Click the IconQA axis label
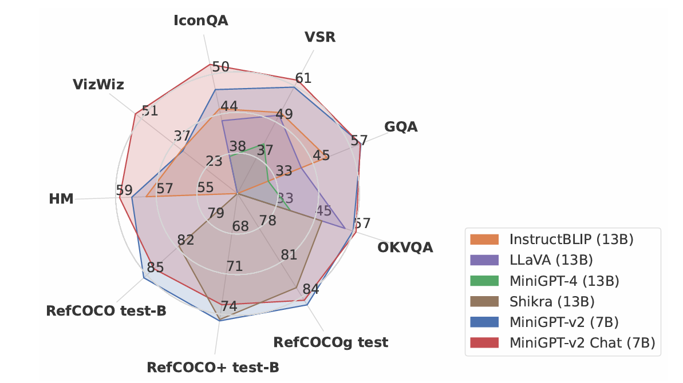(x=201, y=21)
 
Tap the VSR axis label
(x=320, y=38)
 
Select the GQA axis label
(x=401, y=126)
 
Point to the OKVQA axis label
(x=405, y=248)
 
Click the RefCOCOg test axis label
(x=331, y=342)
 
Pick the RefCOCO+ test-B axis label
(x=214, y=366)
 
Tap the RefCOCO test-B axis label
(x=106, y=311)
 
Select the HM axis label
(x=61, y=199)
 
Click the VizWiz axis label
(x=98, y=85)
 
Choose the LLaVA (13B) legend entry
(x=551, y=260)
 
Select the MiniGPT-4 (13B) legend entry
(x=564, y=281)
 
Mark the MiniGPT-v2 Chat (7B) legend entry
(x=582, y=342)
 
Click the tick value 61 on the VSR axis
(x=303, y=78)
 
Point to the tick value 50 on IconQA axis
(x=220, y=67)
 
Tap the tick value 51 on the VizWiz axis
(x=149, y=111)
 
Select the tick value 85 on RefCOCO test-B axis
(x=155, y=267)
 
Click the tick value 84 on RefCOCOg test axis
(x=311, y=289)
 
